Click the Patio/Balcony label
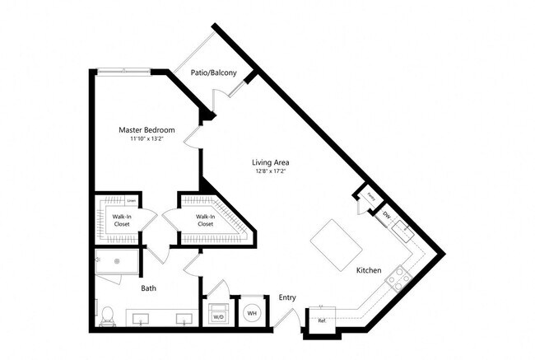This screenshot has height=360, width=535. [214, 73]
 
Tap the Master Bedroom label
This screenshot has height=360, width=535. [147, 129]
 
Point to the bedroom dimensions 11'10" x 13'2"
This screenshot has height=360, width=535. [147, 139]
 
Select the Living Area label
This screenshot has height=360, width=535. [271, 162]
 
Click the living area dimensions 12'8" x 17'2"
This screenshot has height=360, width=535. [271, 172]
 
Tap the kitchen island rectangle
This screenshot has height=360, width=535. [337, 245]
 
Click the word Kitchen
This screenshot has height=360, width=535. [369, 270]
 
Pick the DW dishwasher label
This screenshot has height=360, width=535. [387, 216]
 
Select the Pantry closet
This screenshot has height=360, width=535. [370, 198]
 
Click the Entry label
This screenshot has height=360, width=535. [287, 297]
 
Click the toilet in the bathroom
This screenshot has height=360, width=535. [107, 315]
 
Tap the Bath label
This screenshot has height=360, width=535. [148, 288]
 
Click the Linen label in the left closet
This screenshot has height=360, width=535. [132, 200]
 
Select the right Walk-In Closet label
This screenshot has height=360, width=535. [205, 221]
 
